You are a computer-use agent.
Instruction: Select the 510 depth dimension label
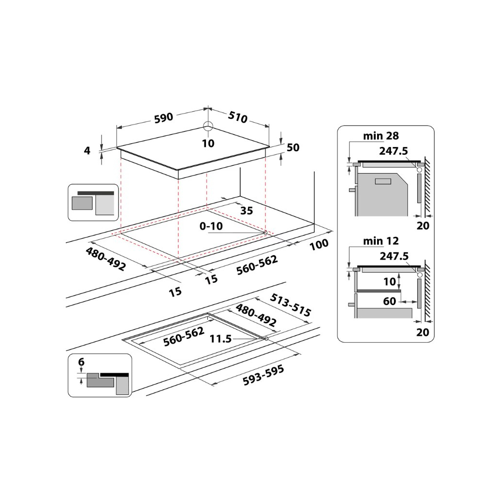tap(237, 117)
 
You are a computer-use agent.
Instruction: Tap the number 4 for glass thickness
tap(87, 150)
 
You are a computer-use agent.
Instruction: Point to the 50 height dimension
tap(293, 148)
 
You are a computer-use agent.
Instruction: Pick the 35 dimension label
tap(247, 210)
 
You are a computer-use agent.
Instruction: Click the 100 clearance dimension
tap(319, 245)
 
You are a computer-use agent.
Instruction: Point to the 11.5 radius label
tap(220, 339)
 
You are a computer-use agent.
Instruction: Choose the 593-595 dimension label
tap(263, 376)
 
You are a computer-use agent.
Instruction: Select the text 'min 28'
tap(381, 136)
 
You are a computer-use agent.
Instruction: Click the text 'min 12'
tap(381, 241)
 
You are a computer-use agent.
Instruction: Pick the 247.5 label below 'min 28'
tap(393, 151)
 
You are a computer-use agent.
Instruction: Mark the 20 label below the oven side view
tap(422, 225)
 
